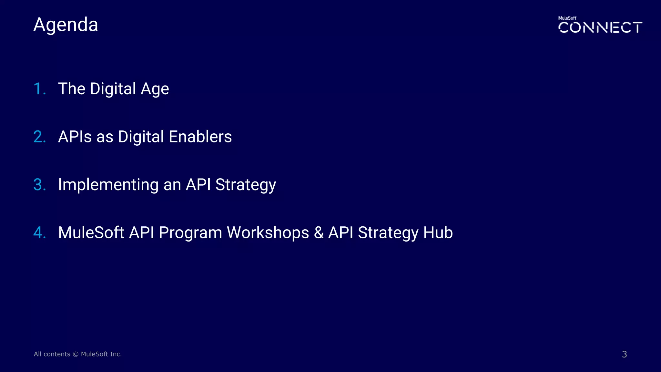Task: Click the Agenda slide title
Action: [66, 25]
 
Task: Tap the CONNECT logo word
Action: [600, 27]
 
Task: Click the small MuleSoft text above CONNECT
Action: [567, 18]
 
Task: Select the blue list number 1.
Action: [39, 89]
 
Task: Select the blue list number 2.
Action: [39, 137]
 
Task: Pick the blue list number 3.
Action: [39, 185]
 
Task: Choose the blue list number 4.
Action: [39, 232]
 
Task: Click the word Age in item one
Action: [155, 89]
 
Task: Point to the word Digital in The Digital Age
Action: [113, 89]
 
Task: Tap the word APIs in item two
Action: [75, 137]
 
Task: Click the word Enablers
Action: [200, 137]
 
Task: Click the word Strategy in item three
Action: [246, 185]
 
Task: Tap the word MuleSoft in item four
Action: [91, 232]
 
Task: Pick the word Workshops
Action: [268, 232]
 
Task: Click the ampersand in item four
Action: [319, 232]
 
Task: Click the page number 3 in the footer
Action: [624, 354]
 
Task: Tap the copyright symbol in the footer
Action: [76, 354]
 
